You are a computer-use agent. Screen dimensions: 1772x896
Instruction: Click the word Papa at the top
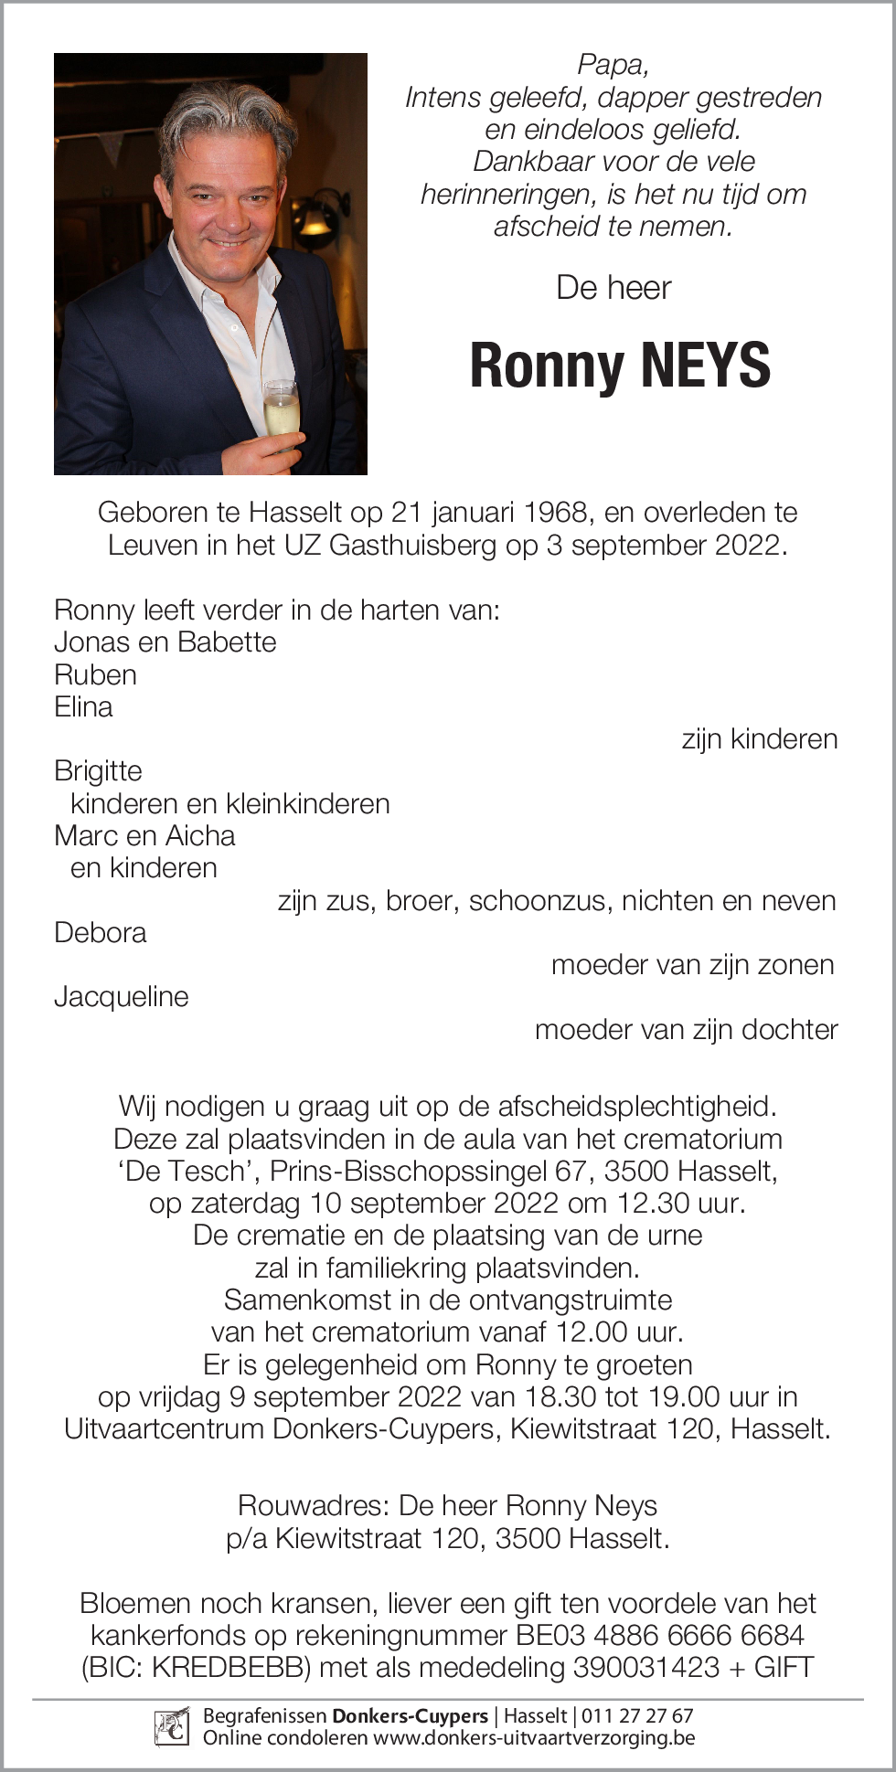(x=613, y=65)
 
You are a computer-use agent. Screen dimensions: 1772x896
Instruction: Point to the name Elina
(x=83, y=706)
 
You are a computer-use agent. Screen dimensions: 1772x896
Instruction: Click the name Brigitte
(x=98, y=770)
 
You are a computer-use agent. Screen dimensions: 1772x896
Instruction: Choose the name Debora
(x=100, y=932)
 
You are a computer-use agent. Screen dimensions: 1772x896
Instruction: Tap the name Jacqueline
(x=121, y=996)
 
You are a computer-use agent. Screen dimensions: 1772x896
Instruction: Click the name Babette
(x=228, y=642)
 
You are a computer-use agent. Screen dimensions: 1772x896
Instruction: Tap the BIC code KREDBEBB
(x=227, y=1667)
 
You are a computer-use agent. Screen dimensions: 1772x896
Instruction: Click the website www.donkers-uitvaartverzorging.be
(x=534, y=1737)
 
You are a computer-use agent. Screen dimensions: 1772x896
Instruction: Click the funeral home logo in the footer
(x=172, y=1726)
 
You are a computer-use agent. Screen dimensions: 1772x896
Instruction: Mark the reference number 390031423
(x=645, y=1667)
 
